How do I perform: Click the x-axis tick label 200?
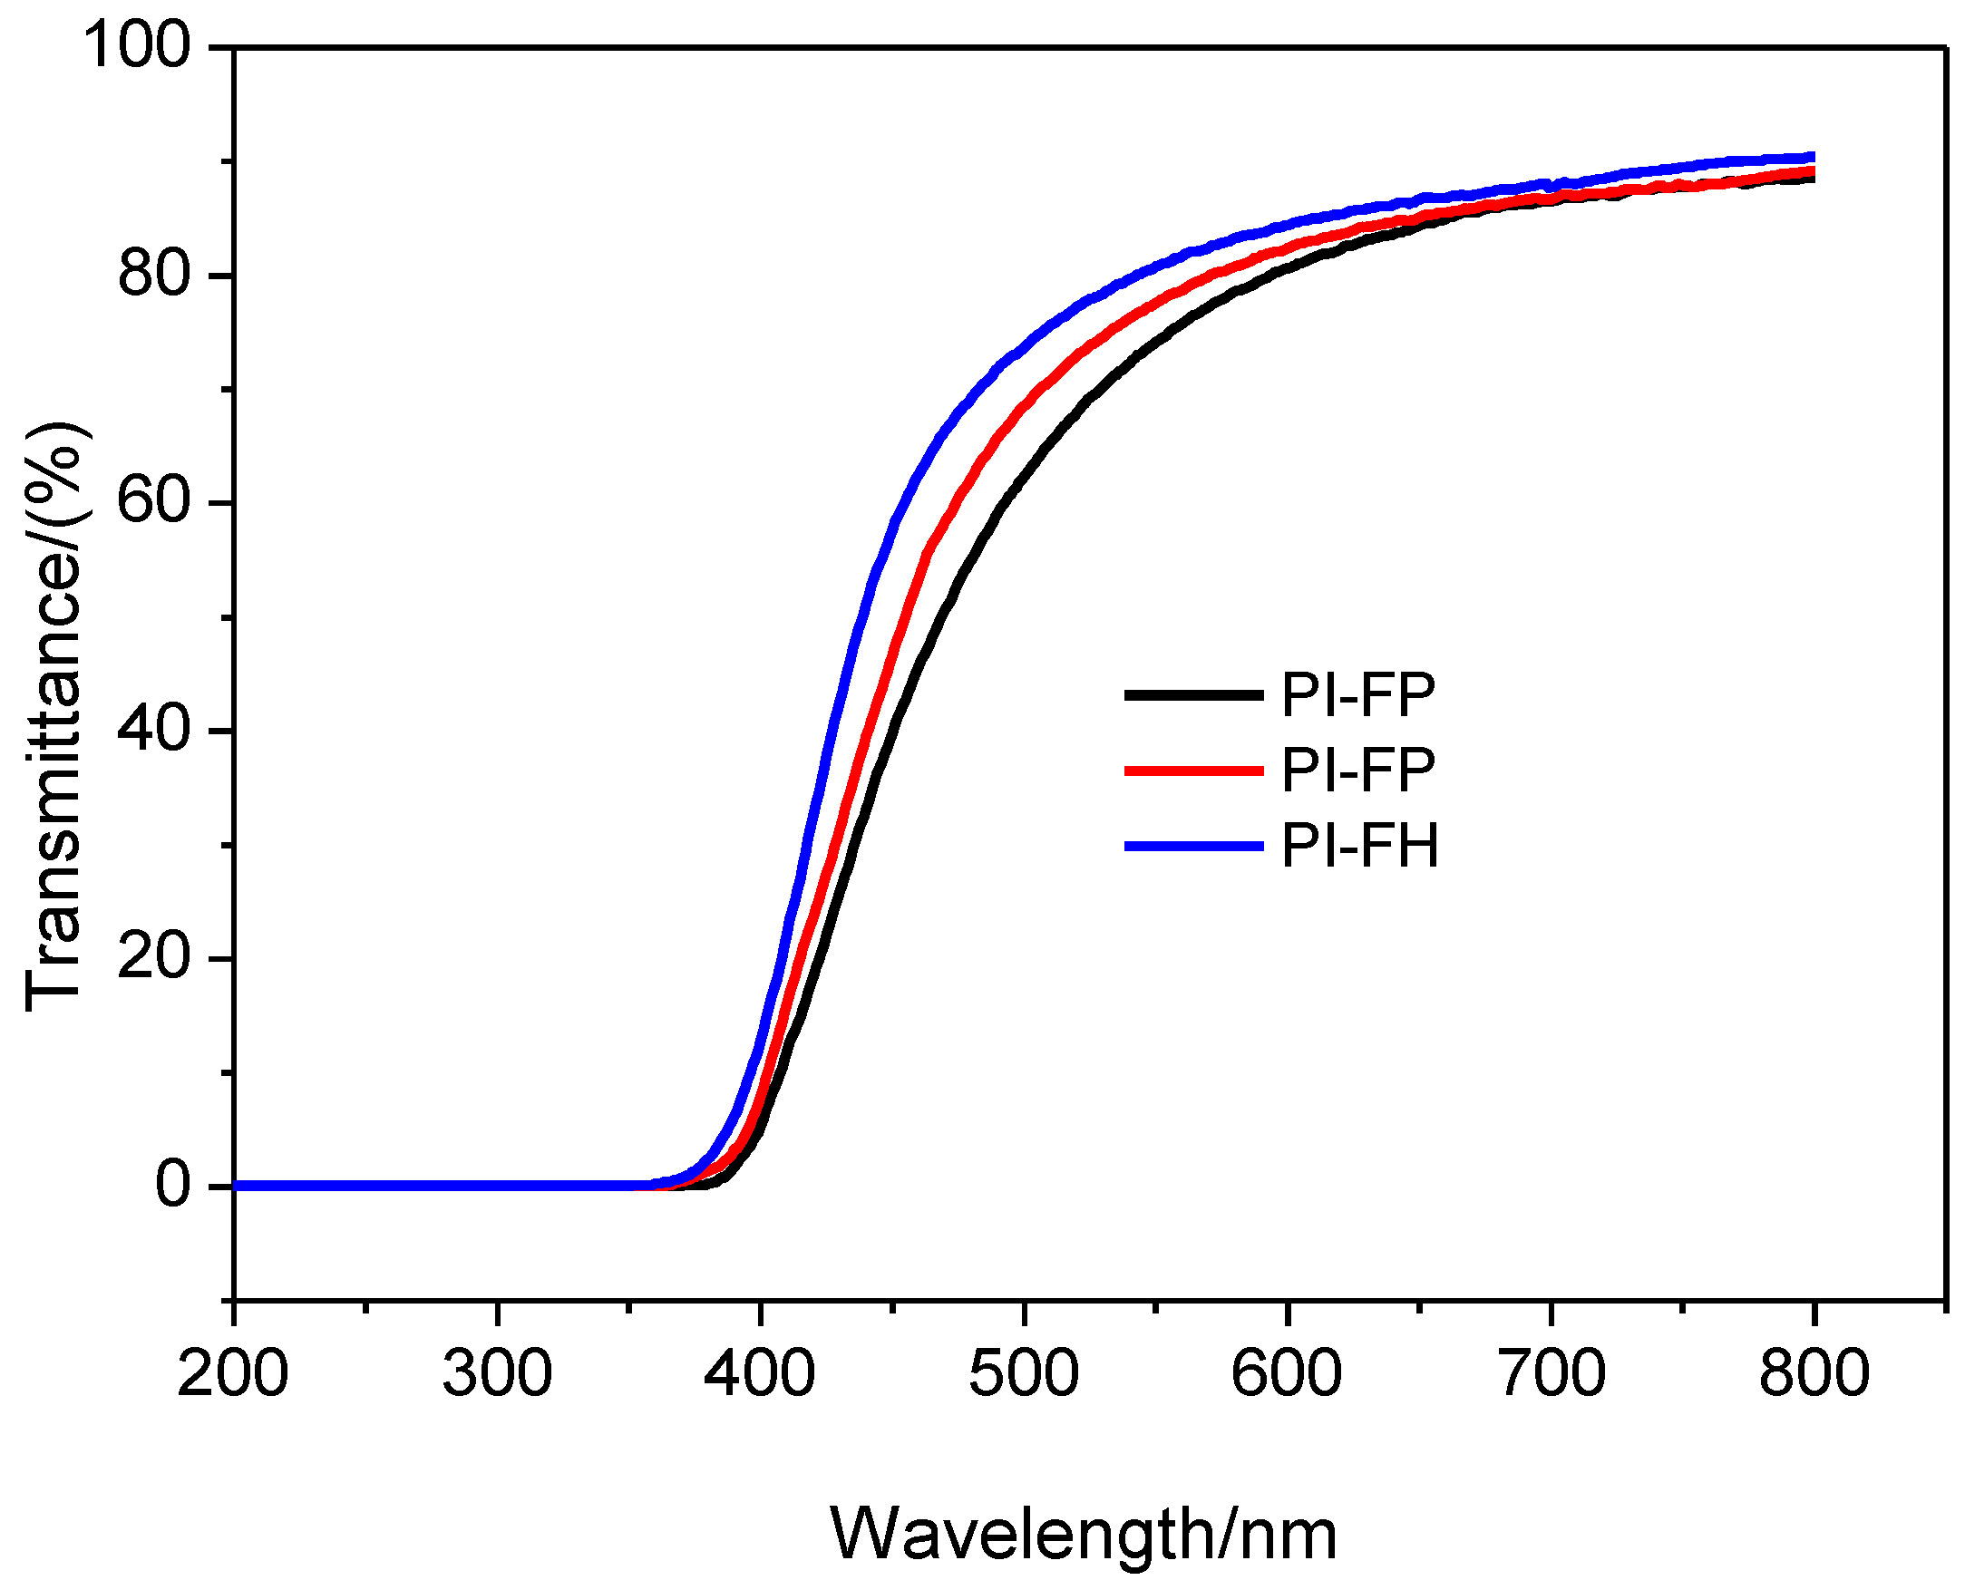(232, 1374)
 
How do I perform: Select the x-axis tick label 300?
(497, 1374)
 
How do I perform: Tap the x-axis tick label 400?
(759, 1374)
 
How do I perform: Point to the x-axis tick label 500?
(1024, 1374)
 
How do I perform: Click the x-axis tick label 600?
(1286, 1374)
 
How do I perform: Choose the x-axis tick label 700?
(1552, 1374)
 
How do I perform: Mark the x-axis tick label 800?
(1814, 1374)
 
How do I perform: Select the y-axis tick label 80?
(153, 275)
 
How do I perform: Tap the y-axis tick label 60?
(153, 502)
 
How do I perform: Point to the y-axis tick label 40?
(153, 730)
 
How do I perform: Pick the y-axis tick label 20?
(153, 958)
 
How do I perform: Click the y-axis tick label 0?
(173, 1187)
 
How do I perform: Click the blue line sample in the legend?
(1194, 847)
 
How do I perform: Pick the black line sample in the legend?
(1194, 695)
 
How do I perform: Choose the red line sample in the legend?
(1194, 771)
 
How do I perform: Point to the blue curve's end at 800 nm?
(1812, 158)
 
